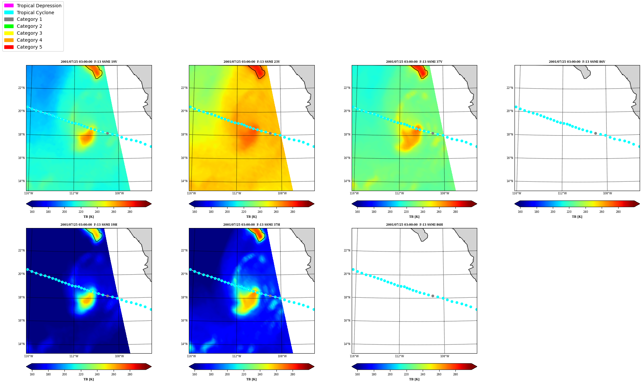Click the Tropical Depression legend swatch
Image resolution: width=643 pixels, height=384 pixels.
pyautogui.click(x=9, y=6)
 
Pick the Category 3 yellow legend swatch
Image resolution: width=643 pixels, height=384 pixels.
pyautogui.click(x=9, y=33)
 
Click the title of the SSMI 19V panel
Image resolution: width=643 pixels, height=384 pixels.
pyautogui.click(x=89, y=62)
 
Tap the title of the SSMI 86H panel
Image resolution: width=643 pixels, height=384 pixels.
pyautogui.click(x=414, y=225)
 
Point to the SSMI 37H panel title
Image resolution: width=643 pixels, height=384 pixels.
pyautogui.click(x=252, y=225)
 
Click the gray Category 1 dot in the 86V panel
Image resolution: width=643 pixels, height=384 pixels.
pyautogui.click(x=595, y=133)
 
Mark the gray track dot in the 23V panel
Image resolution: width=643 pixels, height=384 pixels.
pyautogui.click(x=270, y=133)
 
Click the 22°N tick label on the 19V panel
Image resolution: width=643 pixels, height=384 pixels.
pyautogui.click(x=21, y=88)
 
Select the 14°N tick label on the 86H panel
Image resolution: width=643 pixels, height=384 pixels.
pyautogui.click(x=347, y=344)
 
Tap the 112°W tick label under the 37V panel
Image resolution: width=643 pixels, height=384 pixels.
pyautogui.click(x=399, y=193)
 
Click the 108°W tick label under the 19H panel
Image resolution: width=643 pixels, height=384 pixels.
pyautogui.click(x=119, y=356)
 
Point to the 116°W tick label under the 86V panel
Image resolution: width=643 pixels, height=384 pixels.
pyautogui.click(x=517, y=193)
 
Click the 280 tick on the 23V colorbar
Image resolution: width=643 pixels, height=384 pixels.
pyautogui.click(x=293, y=212)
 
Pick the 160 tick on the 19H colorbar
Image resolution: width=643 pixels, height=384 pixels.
pyautogui.click(x=32, y=374)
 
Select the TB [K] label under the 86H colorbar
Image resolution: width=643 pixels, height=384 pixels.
pyautogui.click(x=414, y=379)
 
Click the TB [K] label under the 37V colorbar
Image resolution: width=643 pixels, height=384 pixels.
pyautogui.click(x=414, y=217)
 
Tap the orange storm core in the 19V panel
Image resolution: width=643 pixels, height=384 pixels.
pyautogui.click(x=87, y=137)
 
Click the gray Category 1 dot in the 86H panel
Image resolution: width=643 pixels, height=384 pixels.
pyautogui.click(x=433, y=296)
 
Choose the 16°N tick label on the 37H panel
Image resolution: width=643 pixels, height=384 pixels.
pyautogui.click(x=184, y=321)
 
